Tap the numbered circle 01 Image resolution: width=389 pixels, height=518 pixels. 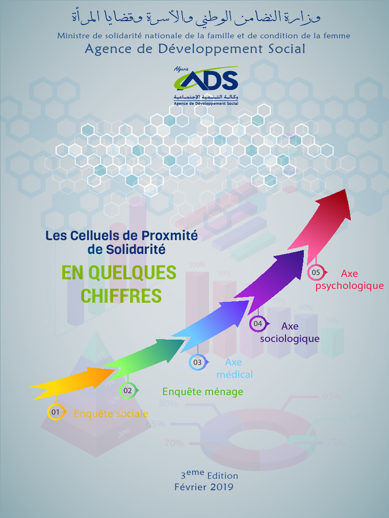55,412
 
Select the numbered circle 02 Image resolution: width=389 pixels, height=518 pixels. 128,391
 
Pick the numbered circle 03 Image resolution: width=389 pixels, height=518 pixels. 198,362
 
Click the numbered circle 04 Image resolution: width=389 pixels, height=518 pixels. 258,323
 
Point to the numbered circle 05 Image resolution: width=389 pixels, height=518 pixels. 316,273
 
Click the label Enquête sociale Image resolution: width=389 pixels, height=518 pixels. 111,414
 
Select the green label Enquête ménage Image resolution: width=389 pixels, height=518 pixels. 203,392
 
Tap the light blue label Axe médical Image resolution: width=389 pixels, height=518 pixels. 234,368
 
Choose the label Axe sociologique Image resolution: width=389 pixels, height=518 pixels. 290,332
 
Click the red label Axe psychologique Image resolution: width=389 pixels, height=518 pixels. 349,280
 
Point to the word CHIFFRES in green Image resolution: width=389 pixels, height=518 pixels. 121,296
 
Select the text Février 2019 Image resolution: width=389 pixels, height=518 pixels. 204,487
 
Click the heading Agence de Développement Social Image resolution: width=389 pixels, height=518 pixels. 195,49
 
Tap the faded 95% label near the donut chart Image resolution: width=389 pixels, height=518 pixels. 332,396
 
